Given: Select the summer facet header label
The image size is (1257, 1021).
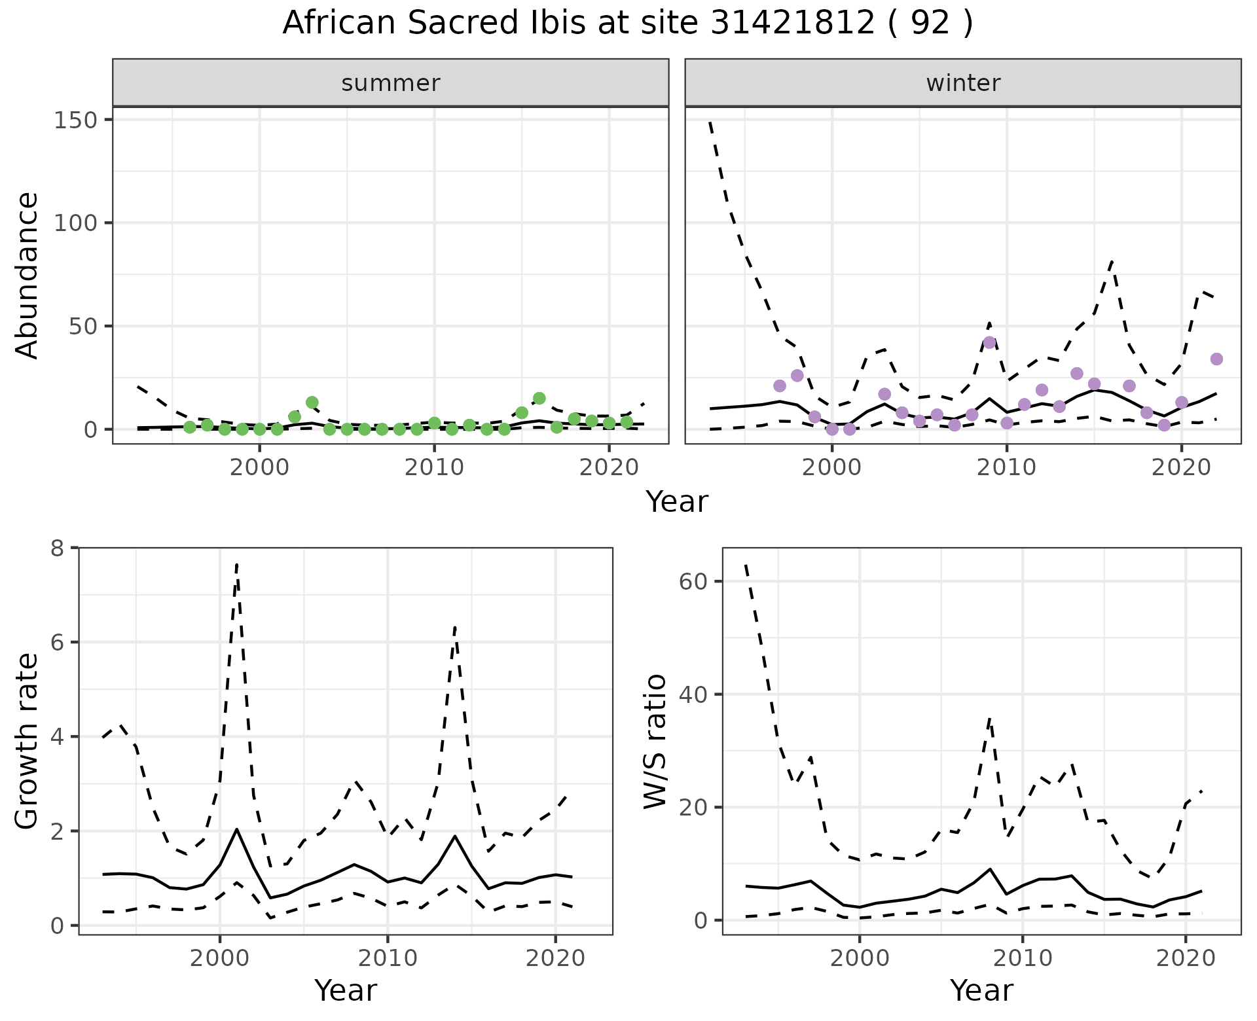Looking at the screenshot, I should (x=391, y=83).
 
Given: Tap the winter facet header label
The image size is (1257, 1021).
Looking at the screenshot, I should (x=963, y=83).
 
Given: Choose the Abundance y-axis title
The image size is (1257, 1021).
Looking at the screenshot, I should (x=27, y=275).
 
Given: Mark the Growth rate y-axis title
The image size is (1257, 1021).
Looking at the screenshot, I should (x=27, y=741).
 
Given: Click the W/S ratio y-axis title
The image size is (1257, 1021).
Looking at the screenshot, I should (x=655, y=741).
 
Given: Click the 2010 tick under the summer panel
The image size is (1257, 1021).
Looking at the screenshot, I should (x=434, y=468).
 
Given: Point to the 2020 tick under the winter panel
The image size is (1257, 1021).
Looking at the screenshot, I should (x=1181, y=468).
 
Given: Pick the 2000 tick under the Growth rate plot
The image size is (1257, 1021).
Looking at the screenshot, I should (x=219, y=958).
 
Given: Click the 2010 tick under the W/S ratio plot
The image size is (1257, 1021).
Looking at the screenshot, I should (x=1022, y=958).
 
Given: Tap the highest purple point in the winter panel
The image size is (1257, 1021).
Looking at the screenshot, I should (x=989, y=343).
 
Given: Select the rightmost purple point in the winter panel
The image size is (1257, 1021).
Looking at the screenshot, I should (x=1216, y=359).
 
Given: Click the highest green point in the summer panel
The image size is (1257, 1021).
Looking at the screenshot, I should (x=539, y=398).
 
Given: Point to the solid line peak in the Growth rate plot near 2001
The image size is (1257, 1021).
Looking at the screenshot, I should (x=236, y=829).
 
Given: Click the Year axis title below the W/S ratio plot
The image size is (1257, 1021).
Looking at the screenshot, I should (x=981, y=990).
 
